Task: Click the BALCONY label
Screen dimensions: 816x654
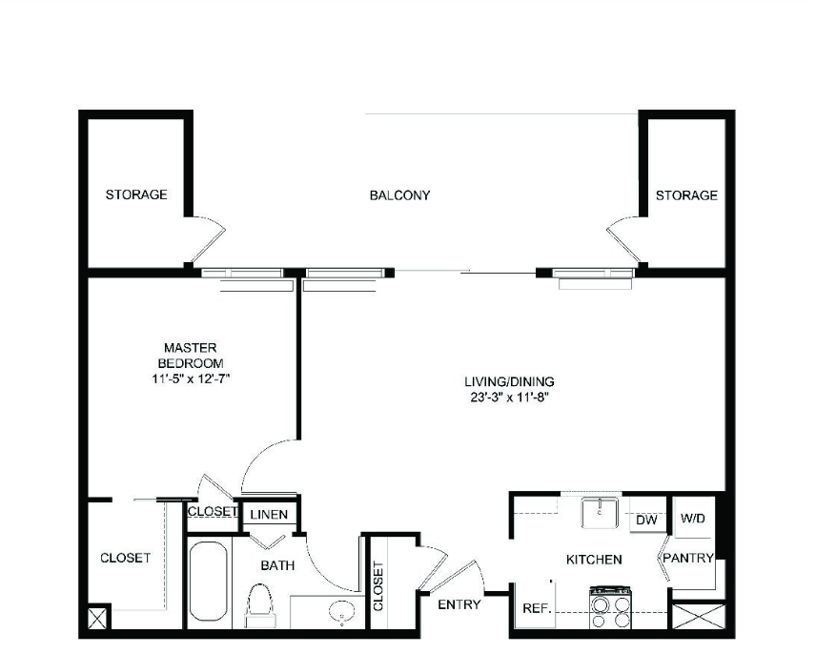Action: click(x=399, y=195)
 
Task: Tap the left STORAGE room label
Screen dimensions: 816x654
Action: click(x=136, y=194)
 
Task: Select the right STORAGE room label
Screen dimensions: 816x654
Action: click(x=686, y=195)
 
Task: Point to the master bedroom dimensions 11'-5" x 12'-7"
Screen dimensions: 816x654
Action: click(x=191, y=378)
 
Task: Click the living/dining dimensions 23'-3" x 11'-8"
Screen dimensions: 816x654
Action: click(x=509, y=398)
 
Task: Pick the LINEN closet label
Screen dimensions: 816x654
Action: click(x=269, y=515)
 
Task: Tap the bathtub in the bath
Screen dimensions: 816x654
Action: click(x=208, y=582)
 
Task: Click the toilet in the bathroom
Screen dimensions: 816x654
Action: click(x=259, y=605)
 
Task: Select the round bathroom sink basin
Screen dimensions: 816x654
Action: click(x=341, y=612)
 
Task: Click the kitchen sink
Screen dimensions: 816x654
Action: click(x=600, y=513)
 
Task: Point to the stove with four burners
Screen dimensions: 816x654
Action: click(x=610, y=607)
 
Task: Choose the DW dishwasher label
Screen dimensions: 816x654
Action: click(x=647, y=520)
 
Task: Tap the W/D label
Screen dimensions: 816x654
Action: click(x=693, y=519)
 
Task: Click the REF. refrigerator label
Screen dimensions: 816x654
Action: click(x=537, y=608)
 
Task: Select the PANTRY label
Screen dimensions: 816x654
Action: click(x=688, y=558)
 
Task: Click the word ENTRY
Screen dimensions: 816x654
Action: click(x=459, y=604)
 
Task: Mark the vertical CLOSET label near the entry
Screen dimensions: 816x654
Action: click(x=378, y=586)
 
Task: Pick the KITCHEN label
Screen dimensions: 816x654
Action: click(x=594, y=560)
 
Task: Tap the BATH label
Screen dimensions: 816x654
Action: click(x=277, y=565)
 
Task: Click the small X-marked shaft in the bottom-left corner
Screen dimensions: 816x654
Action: click(x=97, y=619)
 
